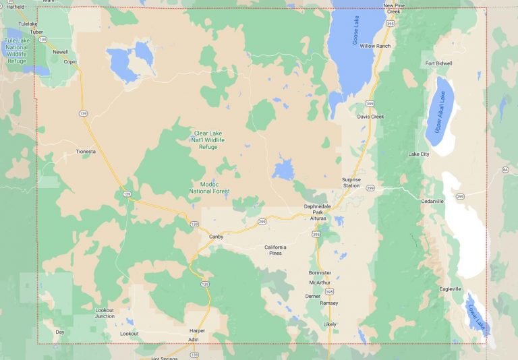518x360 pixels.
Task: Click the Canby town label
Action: (216, 237)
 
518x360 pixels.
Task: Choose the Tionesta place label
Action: (86, 152)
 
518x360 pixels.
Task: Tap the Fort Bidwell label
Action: (439, 63)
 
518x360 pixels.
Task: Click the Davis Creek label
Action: (370, 117)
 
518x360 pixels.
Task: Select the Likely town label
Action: (329, 324)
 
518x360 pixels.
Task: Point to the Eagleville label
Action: (450, 289)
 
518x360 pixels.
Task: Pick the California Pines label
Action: (275, 250)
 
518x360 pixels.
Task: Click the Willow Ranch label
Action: (375, 46)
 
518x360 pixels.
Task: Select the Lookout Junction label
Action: (105, 313)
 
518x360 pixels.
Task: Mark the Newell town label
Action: (61, 51)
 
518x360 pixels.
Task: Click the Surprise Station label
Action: (351, 182)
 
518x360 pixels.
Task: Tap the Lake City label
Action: (418, 154)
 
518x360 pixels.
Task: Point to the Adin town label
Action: (194, 339)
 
